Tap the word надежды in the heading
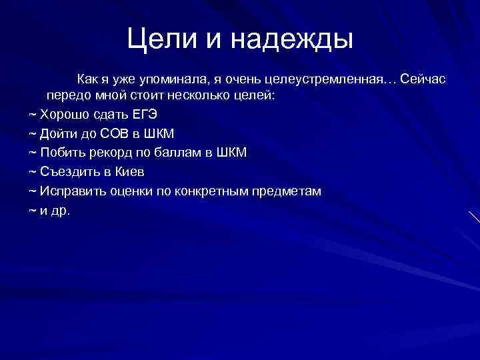[x=291, y=41]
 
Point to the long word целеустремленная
[x=325, y=80]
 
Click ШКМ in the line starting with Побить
[x=231, y=153]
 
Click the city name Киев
[x=129, y=172]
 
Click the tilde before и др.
[x=33, y=211]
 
